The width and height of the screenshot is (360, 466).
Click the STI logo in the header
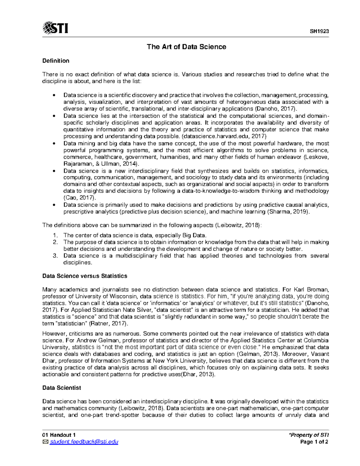[x=55, y=28]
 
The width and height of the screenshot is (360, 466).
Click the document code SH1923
[x=319, y=32]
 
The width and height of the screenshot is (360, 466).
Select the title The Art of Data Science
[x=186, y=47]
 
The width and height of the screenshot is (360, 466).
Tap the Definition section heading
[x=56, y=61]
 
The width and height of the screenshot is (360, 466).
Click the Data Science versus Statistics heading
[x=85, y=276]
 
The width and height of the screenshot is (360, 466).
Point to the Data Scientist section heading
[x=61, y=388]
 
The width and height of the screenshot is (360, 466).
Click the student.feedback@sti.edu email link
[x=84, y=442]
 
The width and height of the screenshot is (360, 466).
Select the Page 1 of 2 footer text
[x=314, y=442]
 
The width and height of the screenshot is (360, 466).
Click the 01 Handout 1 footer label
[x=59, y=435]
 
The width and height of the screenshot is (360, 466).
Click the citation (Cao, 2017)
[x=80, y=198]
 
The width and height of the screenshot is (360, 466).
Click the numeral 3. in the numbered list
[x=55, y=256]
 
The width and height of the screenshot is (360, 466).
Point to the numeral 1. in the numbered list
[x=55, y=235]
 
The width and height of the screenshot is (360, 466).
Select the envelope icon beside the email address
[x=45, y=442]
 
